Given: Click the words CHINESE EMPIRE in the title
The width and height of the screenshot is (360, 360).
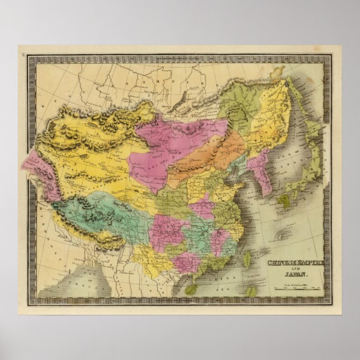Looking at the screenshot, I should pyautogui.click(x=294, y=263).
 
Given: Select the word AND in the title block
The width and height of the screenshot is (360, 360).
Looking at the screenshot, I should pyautogui.click(x=295, y=269).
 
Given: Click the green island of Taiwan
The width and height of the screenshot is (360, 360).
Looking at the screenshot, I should pyautogui.click(x=248, y=258).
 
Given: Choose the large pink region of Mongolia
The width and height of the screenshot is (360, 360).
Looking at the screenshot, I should pyautogui.click(x=162, y=145).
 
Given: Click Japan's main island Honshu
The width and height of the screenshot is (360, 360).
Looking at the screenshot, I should pyautogui.click(x=313, y=162).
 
